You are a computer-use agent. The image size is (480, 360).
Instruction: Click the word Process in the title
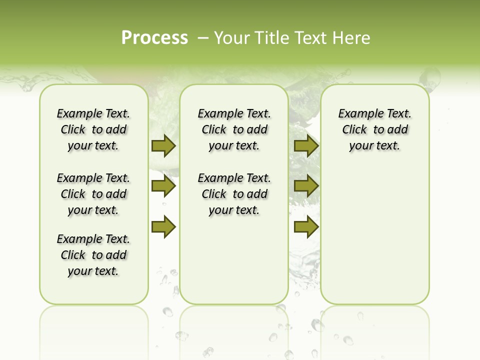154,37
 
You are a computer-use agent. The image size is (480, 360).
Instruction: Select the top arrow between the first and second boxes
163,146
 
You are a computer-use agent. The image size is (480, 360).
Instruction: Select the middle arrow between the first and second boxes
163,186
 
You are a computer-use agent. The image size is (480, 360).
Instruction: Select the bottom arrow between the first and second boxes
163,227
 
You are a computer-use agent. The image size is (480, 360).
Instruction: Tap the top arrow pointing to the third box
306,146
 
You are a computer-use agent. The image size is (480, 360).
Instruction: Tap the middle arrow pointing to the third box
306,186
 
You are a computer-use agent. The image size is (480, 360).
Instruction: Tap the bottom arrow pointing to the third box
306,227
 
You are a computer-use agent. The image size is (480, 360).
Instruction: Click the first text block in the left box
93,129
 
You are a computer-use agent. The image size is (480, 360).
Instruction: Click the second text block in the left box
93,194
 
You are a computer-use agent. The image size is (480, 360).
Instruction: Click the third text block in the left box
93,255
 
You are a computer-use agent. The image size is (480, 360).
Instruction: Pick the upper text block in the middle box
234,129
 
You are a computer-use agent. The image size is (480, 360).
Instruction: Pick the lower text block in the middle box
234,194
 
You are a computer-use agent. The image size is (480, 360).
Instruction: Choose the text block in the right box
374,129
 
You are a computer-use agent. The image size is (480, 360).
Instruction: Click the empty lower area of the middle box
234,260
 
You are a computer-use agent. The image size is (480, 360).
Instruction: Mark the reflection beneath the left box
93,325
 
